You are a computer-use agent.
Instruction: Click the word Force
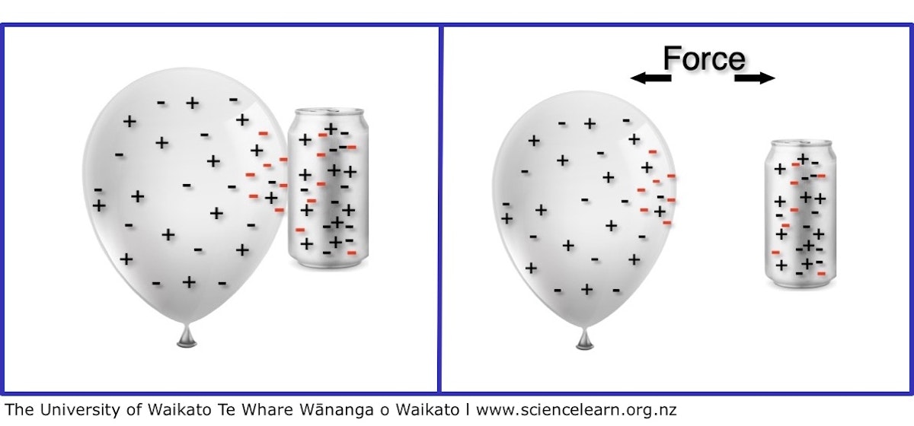[705, 59]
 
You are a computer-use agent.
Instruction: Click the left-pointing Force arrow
[650, 78]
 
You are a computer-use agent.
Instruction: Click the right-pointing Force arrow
[755, 78]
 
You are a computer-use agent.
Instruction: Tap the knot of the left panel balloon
[187, 337]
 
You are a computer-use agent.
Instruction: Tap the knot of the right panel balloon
[585, 340]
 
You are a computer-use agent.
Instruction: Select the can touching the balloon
[328, 188]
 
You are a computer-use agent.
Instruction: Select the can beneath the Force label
[801, 214]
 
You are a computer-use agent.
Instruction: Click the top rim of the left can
[329, 112]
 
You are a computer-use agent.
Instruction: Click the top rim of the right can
[801, 143]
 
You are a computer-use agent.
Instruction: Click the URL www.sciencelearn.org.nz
[576, 410]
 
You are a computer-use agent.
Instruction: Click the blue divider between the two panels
[439, 208]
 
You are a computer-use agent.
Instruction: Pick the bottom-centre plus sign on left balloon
[189, 281]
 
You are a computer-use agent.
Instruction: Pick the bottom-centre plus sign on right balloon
[586, 289]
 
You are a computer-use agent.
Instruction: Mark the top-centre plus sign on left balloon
[192, 103]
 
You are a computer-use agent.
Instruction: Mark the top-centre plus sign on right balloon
[590, 123]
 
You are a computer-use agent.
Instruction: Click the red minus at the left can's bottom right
[351, 253]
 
